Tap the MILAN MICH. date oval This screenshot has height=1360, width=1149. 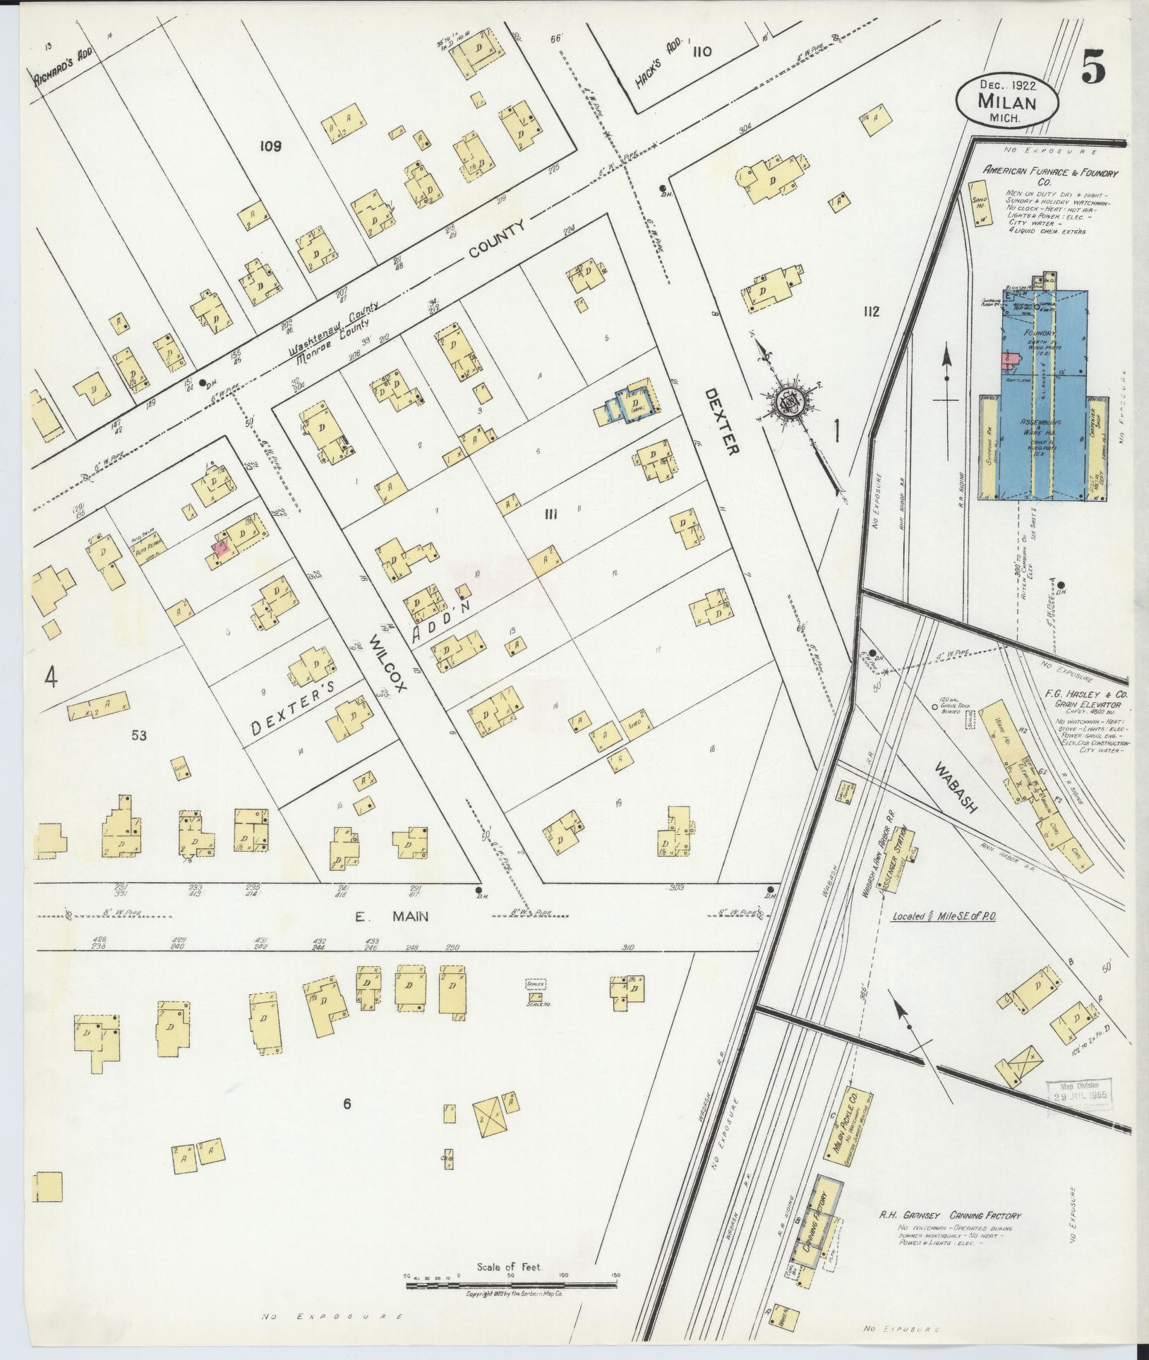[1007, 101]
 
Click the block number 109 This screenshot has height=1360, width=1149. [270, 146]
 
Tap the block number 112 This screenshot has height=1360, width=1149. [870, 311]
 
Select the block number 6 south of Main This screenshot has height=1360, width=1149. [347, 1124]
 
